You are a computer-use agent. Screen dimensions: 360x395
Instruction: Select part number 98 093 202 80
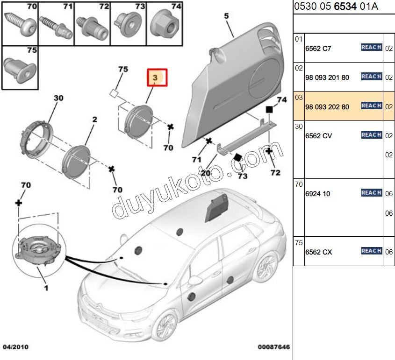tap(327, 107)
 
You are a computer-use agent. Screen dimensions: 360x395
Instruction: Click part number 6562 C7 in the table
tap(318, 49)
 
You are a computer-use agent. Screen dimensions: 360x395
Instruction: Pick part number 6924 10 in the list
tap(317, 194)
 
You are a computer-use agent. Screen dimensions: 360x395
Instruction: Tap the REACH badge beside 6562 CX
tap(372, 251)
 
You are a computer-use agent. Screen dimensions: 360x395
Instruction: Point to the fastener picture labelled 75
tap(20, 69)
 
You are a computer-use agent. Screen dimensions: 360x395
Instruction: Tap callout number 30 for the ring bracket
tap(58, 99)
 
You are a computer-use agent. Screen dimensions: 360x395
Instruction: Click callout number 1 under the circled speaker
tap(46, 288)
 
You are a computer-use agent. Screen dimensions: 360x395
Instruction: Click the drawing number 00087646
tap(273, 347)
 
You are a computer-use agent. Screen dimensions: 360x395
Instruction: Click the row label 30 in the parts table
tap(299, 126)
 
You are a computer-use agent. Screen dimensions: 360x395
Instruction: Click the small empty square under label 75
tap(113, 92)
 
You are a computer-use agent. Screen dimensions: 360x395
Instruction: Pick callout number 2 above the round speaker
tap(94, 120)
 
